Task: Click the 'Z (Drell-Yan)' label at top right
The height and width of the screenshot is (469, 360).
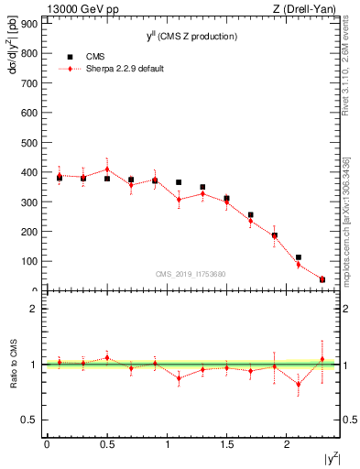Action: [x=309, y=8]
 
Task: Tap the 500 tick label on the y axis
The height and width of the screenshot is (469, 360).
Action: [x=30, y=142]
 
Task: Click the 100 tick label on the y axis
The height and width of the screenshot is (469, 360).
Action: [x=30, y=261]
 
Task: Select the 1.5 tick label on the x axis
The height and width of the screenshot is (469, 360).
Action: [x=226, y=443]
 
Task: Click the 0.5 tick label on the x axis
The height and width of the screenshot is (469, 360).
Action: [x=106, y=443]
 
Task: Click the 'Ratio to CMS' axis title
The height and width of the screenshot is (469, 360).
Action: [x=12, y=365]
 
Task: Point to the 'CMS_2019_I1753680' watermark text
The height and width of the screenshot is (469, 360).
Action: [x=191, y=273]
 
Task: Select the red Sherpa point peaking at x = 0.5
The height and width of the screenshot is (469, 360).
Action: [x=107, y=169]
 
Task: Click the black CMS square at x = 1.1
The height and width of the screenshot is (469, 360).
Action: [x=179, y=182]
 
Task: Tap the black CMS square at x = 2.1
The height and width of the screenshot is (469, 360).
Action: [x=299, y=257]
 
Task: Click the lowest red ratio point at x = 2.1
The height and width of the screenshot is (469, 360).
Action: [x=299, y=384]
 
